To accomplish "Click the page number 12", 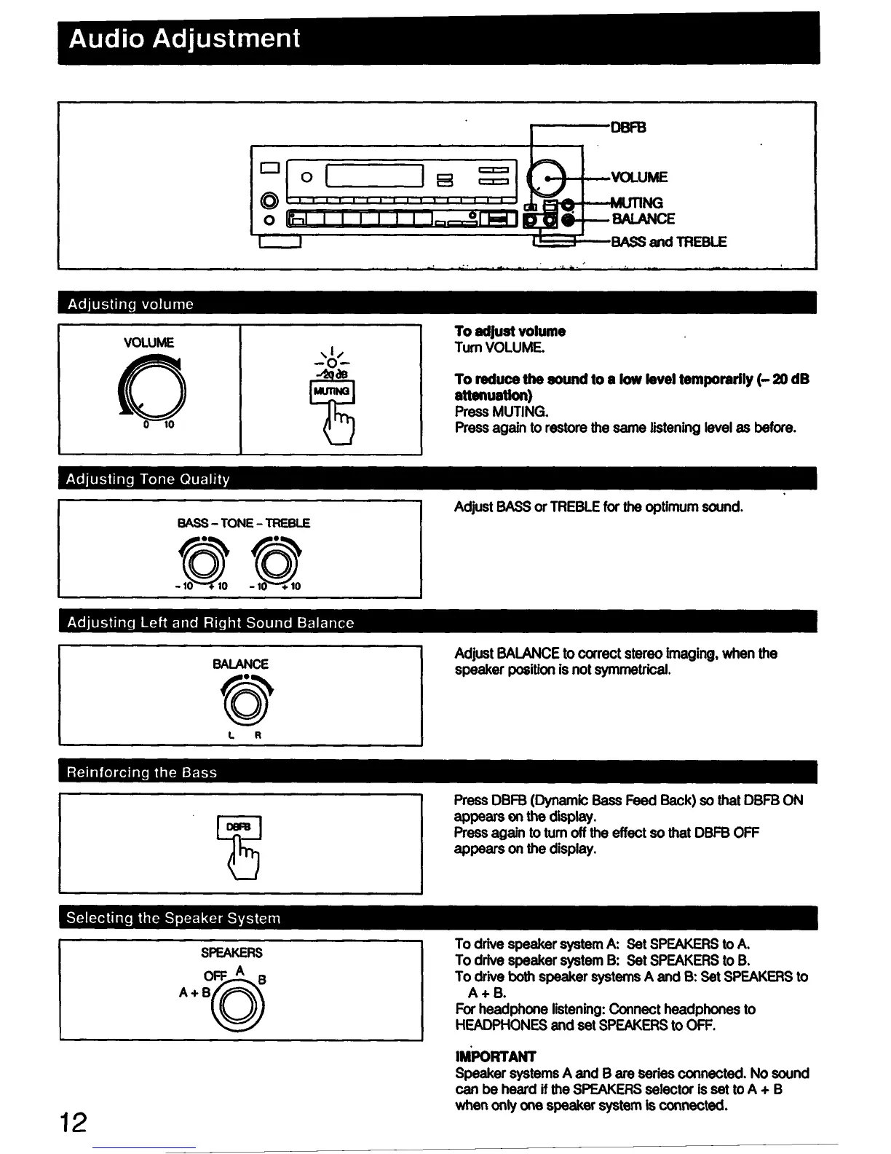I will [74, 1123].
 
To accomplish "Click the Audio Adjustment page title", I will [184, 38].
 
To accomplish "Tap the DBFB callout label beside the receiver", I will [628, 127].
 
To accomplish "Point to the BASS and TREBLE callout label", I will [668, 242].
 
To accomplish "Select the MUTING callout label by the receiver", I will [637, 203].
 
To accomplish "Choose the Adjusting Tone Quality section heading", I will [148, 479].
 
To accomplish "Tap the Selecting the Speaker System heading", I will [173, 919].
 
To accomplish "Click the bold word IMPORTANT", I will [495, 1057].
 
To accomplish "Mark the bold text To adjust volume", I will [510, 331].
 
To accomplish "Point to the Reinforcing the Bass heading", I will [142, 773].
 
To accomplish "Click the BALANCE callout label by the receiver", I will [643, 219].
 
